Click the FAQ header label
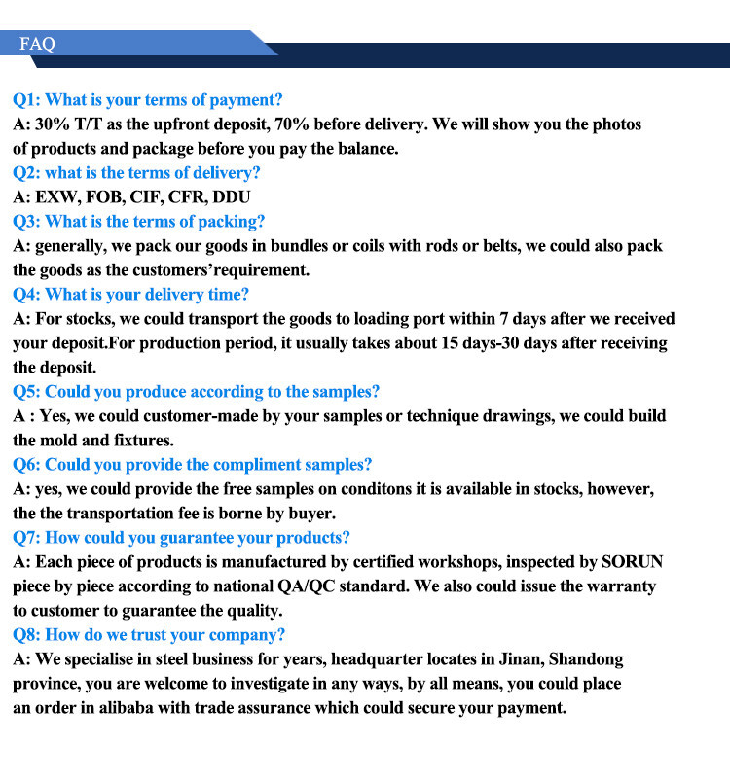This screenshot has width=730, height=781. pyautogui.click(x=37, y=44)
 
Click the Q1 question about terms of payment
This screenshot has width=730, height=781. pyautogui.click(x=147, y=100)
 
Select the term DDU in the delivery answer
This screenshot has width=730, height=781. pyautogui.click(x=232, y=197)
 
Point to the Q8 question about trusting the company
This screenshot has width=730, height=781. pyautogui.click(x=149, y=635)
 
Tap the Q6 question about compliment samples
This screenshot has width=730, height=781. pyautogui.click(x=192, y=465)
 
